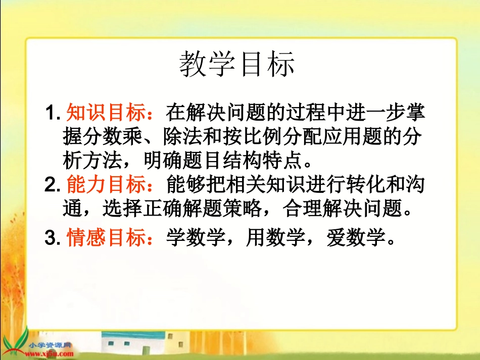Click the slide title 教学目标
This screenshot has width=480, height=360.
point(237,65)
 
